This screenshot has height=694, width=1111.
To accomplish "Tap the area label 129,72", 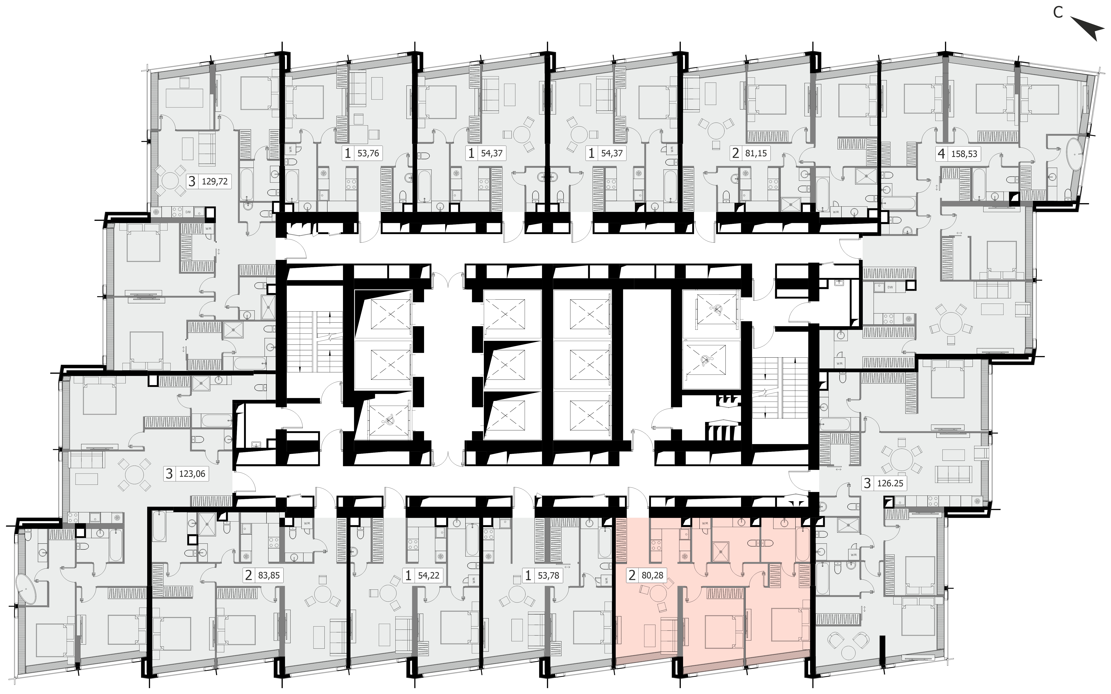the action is (x=215, y=181).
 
